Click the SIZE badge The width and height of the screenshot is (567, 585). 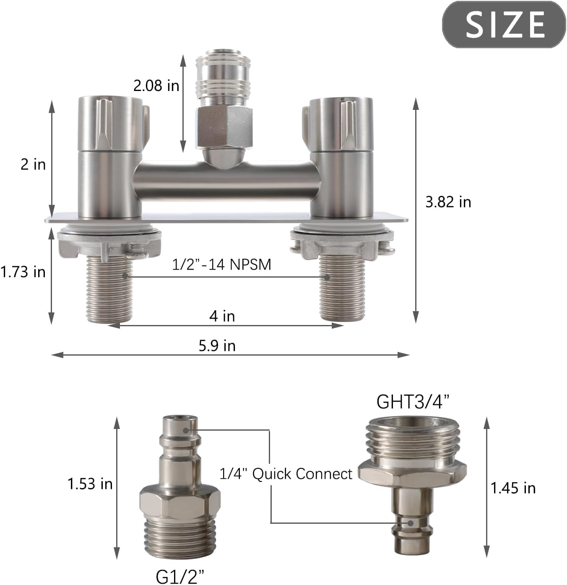504,24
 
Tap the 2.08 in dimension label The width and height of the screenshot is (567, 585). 156,86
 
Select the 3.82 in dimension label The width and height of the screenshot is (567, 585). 448,202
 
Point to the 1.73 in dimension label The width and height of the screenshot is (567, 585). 23,272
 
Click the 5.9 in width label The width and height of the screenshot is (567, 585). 217,346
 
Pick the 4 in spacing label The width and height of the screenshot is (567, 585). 222,316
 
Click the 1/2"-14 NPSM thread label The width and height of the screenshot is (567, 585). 221,264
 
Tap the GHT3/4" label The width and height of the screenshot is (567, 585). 412,402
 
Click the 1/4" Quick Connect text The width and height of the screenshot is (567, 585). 286,474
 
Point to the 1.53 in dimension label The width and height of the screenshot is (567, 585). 90,484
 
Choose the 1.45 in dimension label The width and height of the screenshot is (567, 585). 513,488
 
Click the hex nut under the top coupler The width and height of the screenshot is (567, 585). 224,127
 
